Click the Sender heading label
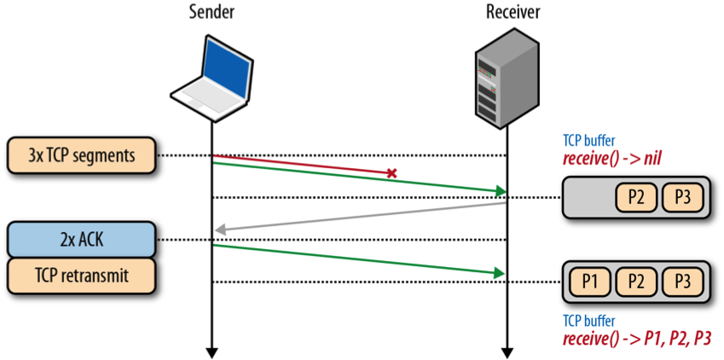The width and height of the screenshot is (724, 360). tap(211, 12)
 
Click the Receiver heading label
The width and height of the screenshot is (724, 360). tap(509, 12)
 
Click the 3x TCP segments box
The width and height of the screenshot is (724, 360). tap(82, 155)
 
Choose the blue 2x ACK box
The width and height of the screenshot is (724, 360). tap(82, 240)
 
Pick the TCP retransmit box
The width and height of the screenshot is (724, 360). tap(82, 274)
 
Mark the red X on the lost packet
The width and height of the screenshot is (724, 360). tap(391, 173)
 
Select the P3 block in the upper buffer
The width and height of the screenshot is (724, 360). tap(682, 198)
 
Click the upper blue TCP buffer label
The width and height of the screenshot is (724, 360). tap(588, 142)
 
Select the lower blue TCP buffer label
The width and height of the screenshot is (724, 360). tap(588, 321)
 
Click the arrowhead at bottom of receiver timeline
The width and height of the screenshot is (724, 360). tap(508, 351)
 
